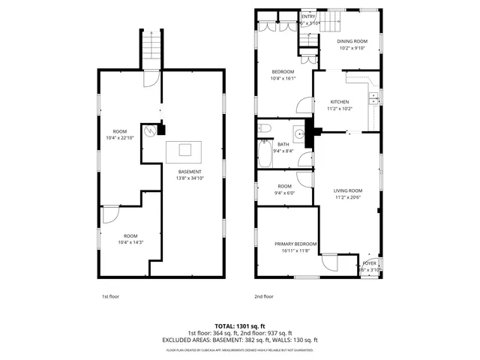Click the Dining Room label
352,41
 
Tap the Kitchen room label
339,101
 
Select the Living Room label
348,190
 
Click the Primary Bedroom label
295,244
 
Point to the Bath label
283,144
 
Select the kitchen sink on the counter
374,99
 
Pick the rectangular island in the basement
184,151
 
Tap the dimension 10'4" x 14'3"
130,242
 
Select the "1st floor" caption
111,297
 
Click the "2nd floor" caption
263,297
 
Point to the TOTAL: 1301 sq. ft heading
239,325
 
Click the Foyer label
370,264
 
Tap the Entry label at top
309,16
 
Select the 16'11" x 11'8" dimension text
295,251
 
